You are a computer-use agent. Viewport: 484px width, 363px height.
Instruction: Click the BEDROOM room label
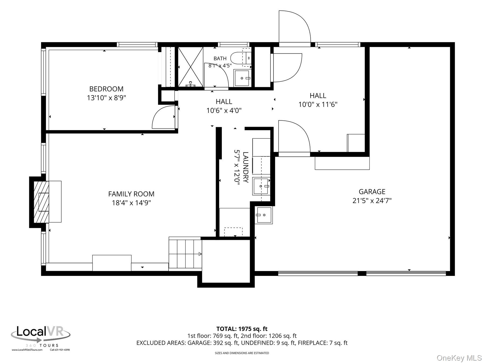click(x=106, y=89)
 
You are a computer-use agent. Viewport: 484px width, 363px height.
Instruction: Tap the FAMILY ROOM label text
click(x=131, y=194)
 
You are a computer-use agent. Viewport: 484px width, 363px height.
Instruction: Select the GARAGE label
click(x=372, y=192)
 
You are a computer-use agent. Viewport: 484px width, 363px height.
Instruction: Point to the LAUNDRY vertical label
click(x=245, y=167)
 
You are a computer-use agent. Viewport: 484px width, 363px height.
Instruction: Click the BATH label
click(x=220, y=58)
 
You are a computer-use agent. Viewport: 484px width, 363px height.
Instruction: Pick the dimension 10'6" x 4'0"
click(x=224, y=111)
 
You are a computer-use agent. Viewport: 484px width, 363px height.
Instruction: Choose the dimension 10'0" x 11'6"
click(x=318, y=104)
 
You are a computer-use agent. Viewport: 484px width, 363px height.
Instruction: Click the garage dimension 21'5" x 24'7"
click(x=372, y=201)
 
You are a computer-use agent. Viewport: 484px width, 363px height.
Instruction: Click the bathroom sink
click(x=243, y=78)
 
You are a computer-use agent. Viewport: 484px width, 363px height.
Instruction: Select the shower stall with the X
click(x=191, y=67)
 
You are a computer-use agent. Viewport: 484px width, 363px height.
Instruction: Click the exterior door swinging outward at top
click(x=295, y=27)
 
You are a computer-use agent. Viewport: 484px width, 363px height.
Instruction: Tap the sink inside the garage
click(x=264, y=215)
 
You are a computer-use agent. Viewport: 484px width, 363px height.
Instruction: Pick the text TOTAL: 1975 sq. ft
click(x=242, y=329)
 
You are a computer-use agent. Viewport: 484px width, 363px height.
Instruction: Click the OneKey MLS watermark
click(x=459, y=358)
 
